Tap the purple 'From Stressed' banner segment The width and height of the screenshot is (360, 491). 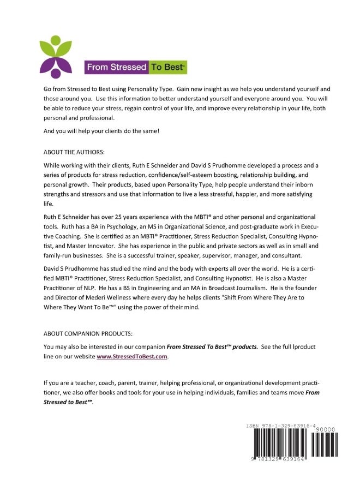pyautogui.click(x=116, y=68)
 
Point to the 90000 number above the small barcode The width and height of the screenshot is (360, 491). pyautogui.click(x=326, y=430)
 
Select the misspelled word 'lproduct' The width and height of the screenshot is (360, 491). pyautogui.click(x=301, y=346)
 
